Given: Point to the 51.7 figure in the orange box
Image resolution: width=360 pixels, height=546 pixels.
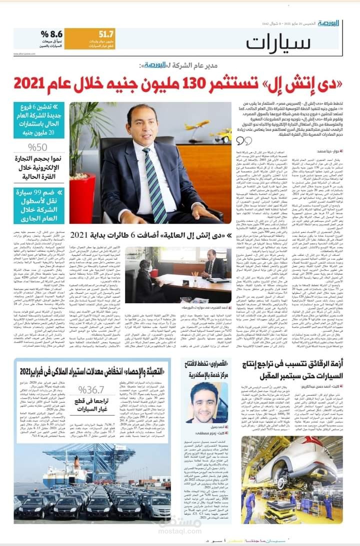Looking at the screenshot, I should click(106, 34).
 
